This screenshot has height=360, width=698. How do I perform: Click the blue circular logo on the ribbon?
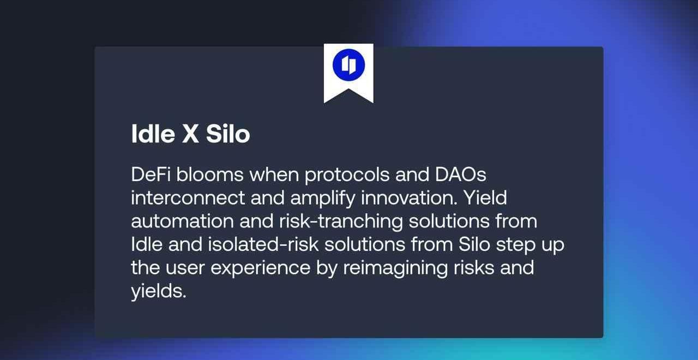pos(348,65)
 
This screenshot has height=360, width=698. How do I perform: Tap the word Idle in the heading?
pos(153,134)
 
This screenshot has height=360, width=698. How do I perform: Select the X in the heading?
pos(190,134)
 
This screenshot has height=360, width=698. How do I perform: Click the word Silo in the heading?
pos(228,134)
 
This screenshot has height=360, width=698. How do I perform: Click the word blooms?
pos(210,174)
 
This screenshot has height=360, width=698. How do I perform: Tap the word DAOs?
pos(461,174)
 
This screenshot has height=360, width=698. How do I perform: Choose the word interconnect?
pos(188,197)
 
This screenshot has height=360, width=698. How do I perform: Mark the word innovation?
pos(409,197)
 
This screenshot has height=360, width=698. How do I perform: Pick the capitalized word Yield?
pos(485,197)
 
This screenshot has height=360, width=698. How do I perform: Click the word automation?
pos(182,221)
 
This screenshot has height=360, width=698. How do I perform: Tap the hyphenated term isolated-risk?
pos(263,244)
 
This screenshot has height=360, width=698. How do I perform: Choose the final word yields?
pos(159,292)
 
